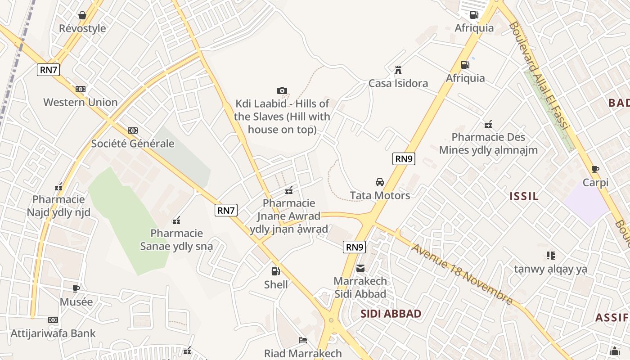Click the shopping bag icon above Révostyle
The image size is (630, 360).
[x=82, y=16]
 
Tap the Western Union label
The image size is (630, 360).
[x=81, y=102]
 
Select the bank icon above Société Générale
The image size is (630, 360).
[x=132, y=130]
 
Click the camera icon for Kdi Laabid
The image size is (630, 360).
[x=282, y=91]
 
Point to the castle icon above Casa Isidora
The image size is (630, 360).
[x=398, y=70]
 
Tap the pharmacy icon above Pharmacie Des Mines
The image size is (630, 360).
[x=488, y=124]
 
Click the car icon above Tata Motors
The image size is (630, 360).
[x=380, y=182]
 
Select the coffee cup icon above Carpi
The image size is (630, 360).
[x=595, y=170]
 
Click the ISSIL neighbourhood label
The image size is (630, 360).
[x=524, y=196]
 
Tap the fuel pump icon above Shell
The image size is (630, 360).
[x=275, y=271]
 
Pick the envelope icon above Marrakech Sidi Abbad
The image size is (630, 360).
[x=360, y=268]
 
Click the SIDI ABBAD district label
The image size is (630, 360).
[x=391, y=314]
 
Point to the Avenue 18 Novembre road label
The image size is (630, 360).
[x=461, y=274]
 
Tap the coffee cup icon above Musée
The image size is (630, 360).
[x=76, y=288]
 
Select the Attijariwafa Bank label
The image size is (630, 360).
[x=53, y=333]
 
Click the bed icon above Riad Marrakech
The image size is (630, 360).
[x=303, y=340]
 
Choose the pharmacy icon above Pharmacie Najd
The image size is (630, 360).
[x=58, y=187]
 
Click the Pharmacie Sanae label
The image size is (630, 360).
[x=176, y=240]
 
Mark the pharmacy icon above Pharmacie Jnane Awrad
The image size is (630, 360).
[x=289, y=190]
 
